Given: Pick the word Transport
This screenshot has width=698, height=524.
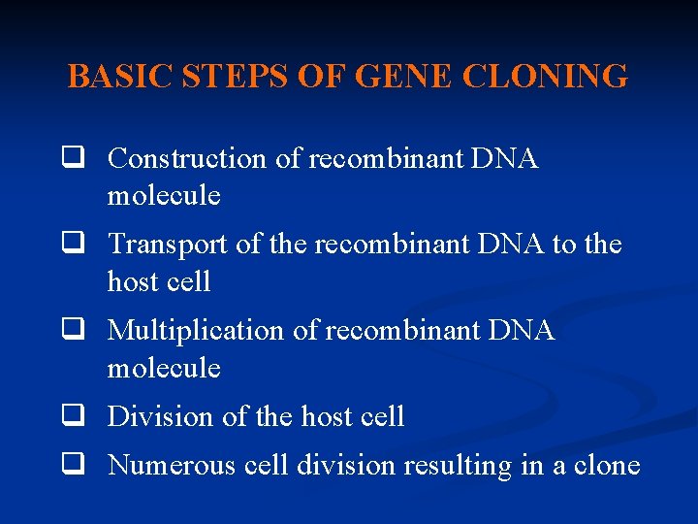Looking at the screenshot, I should coord(169,245).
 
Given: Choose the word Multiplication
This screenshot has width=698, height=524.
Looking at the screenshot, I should coord(198,331).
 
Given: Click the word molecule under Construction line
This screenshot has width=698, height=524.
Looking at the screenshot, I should coord(164,196).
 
